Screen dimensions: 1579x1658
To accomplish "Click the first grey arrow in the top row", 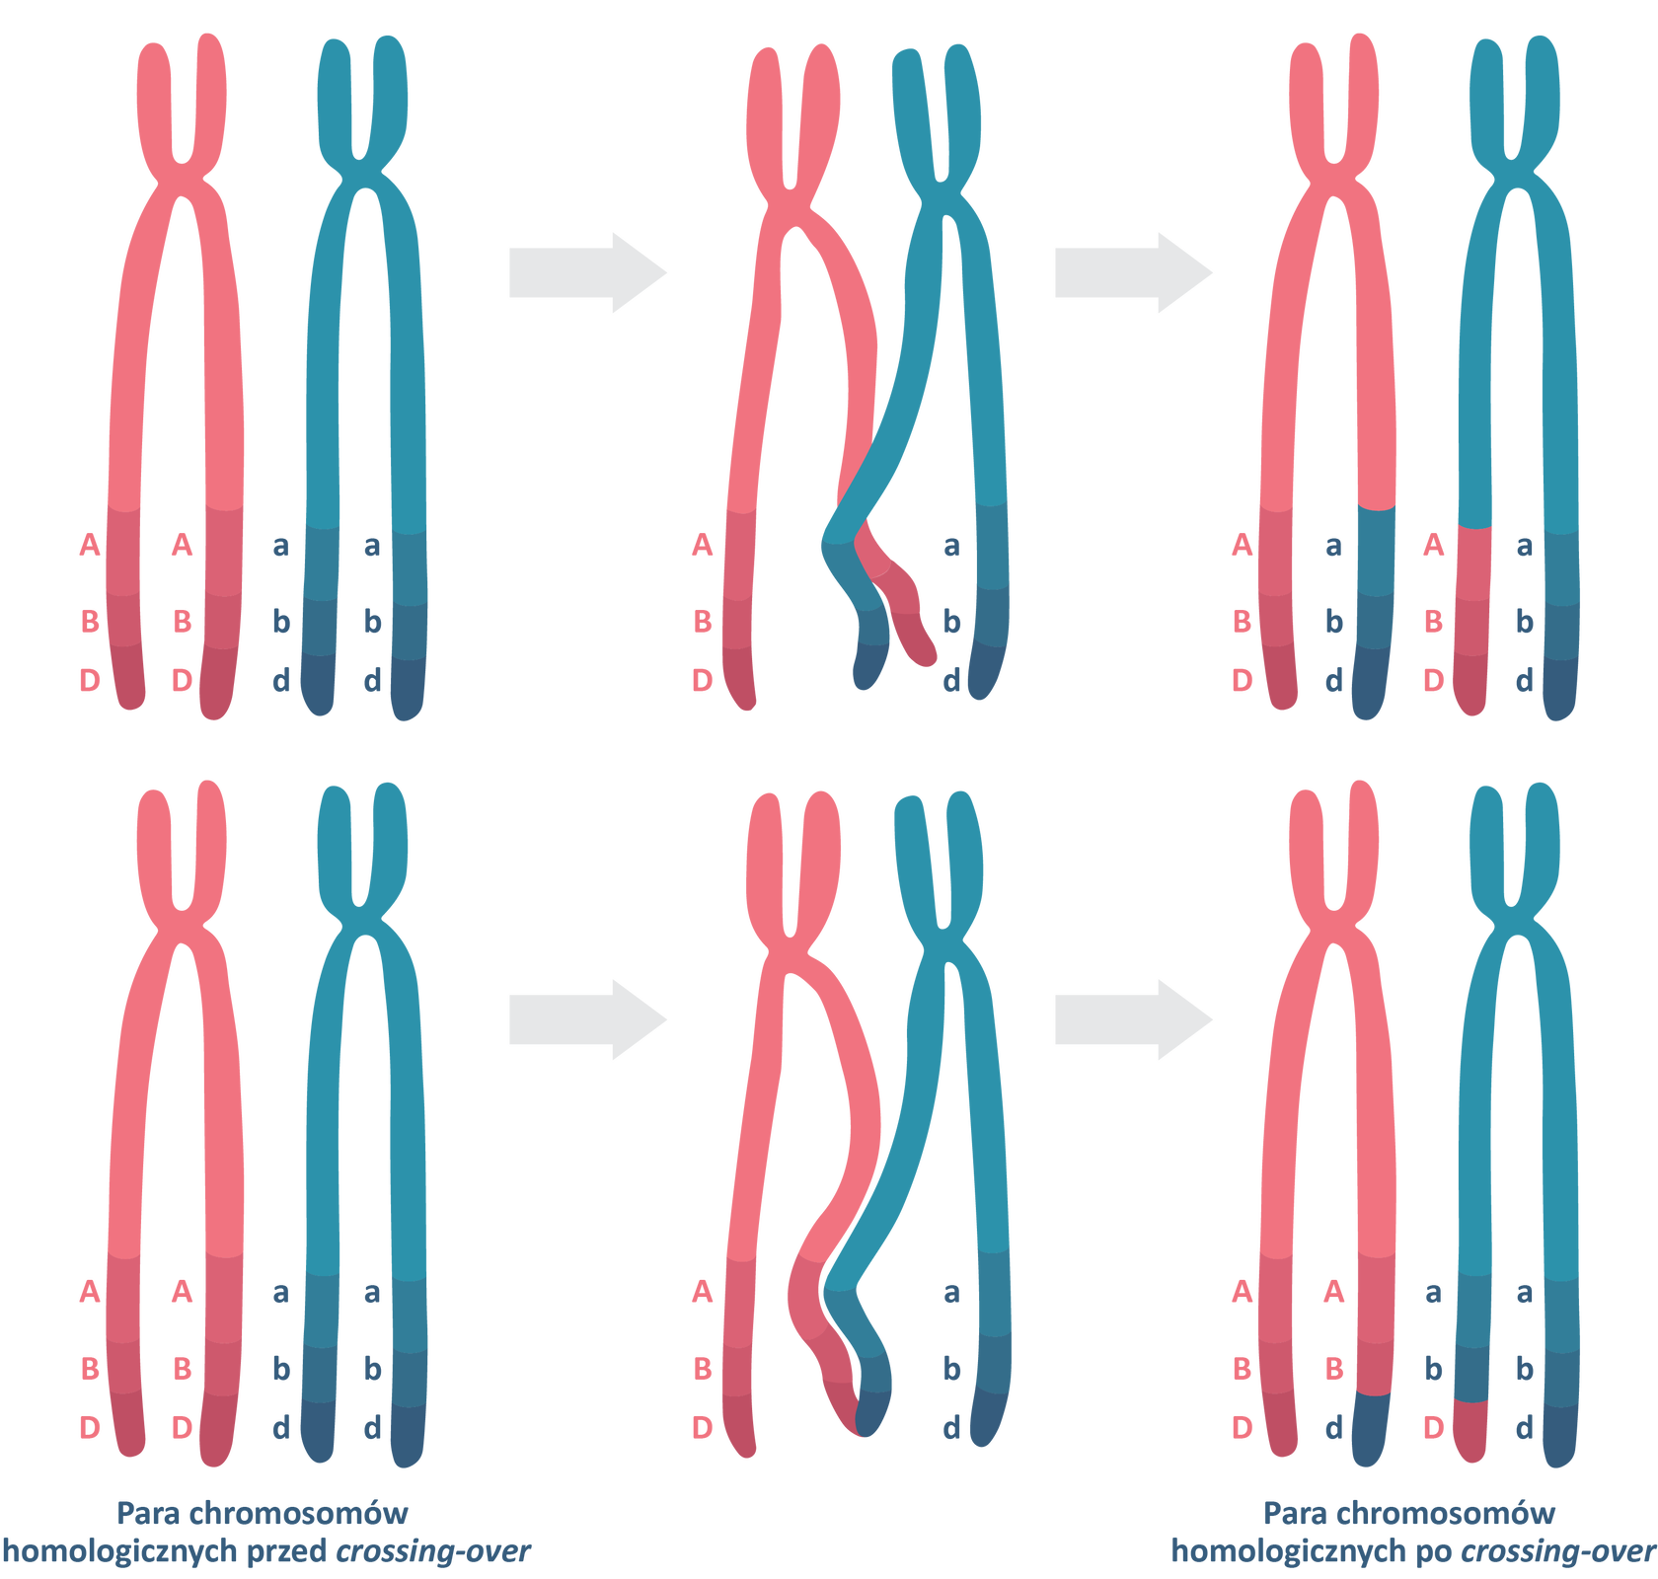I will click(x=586, y=272).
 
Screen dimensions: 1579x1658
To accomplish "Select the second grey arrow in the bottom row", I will click(x=1132, y=1019).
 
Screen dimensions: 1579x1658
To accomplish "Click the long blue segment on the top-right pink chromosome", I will click(x=1374, y=612).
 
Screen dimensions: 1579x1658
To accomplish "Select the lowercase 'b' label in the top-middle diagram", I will click(x=950, y=622).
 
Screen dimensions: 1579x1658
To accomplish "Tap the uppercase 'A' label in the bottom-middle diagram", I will click(x=702, y=1291).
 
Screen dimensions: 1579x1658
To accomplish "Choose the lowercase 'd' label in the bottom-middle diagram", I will click(x=950, y=1427).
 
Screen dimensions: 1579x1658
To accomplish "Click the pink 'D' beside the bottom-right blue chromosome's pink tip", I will click(x=1434, y=1427).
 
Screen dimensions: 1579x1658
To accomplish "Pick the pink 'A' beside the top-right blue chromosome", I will click(x=1433, y=544).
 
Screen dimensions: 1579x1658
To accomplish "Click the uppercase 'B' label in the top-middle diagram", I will click(x=702, y=622).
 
